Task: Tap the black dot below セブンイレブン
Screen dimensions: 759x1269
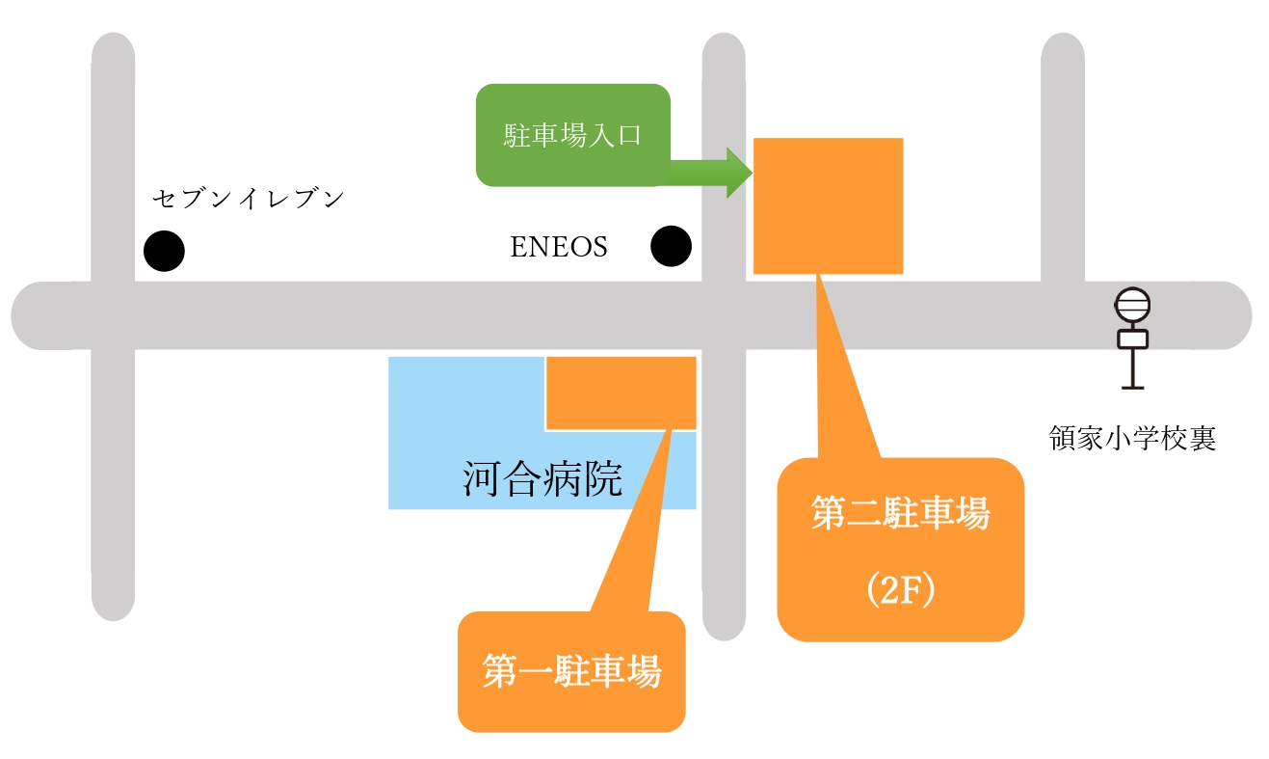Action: [164, 251]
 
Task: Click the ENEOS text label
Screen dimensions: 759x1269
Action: [559, 248]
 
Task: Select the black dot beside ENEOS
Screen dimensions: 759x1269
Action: [672, 246]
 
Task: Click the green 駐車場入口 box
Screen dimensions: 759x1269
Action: [572, 135]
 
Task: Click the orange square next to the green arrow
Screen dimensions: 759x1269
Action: [828, 205]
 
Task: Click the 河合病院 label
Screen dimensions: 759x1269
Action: [542, 479]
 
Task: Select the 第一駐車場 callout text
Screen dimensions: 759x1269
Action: [571, 671]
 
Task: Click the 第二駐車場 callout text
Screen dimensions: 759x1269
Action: [900, 515]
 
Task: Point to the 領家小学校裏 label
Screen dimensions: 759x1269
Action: [1132, 440]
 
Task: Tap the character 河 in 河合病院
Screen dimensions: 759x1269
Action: [482, 479]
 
